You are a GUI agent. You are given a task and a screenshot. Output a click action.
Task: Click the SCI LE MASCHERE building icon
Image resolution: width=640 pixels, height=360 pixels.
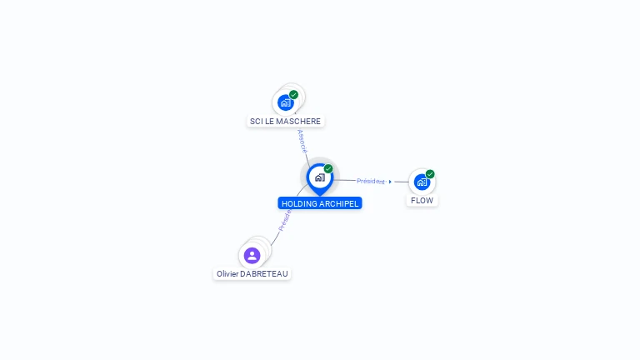[286, 102]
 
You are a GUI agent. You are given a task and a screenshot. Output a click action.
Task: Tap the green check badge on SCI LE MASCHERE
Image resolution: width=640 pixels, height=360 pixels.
[294, 94]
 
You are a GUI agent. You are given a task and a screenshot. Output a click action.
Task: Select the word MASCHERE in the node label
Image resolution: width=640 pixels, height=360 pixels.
[298, 122]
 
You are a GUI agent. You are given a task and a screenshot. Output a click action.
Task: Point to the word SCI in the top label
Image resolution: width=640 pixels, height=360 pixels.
[256, 122]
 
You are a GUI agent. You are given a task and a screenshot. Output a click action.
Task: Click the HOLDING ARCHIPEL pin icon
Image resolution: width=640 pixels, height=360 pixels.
[319, 177]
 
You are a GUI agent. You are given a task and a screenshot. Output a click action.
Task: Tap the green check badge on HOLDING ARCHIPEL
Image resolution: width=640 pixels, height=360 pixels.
[328, 168]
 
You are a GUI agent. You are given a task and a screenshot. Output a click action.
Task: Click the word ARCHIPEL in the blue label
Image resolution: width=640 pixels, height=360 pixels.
[339, 203]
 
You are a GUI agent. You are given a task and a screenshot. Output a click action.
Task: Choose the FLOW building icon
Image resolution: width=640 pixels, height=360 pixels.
[422, 182]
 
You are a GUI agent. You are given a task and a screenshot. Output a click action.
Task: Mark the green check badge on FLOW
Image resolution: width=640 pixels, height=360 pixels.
[430, 174]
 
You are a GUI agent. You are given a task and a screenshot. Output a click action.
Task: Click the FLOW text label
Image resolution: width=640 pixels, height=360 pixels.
[422, 201]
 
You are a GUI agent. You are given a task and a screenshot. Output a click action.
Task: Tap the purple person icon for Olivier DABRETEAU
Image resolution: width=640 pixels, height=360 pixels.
[252, 255]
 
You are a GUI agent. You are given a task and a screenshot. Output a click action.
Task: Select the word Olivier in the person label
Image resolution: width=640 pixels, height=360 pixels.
[227, 273]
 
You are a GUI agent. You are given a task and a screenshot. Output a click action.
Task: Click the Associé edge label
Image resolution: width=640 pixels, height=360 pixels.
[302, 140]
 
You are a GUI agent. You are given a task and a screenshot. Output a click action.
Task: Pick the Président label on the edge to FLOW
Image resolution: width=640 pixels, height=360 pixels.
[371, 181]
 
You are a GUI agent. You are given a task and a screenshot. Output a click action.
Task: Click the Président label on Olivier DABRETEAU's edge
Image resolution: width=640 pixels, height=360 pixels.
[284, 220]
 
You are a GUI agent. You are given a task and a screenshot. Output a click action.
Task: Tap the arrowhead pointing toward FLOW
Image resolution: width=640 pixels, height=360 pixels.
[390, 181]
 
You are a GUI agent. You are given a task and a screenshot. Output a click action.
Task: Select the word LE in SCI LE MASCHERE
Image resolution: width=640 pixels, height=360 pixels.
[269, 122]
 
